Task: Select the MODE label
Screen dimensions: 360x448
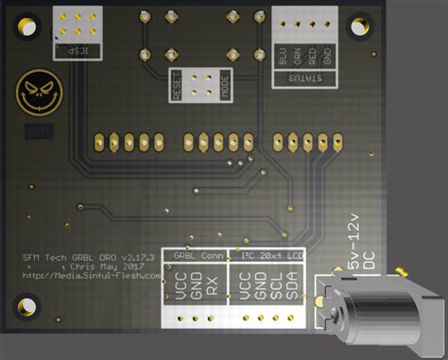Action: point(225,86)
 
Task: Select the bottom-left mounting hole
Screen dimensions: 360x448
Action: point(26,308)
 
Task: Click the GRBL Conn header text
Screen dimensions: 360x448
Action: point(197,255)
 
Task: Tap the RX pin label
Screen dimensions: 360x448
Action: point(212,289)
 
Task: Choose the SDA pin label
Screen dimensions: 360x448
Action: point(292,289)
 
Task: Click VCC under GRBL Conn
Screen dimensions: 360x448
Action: point(180,289)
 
